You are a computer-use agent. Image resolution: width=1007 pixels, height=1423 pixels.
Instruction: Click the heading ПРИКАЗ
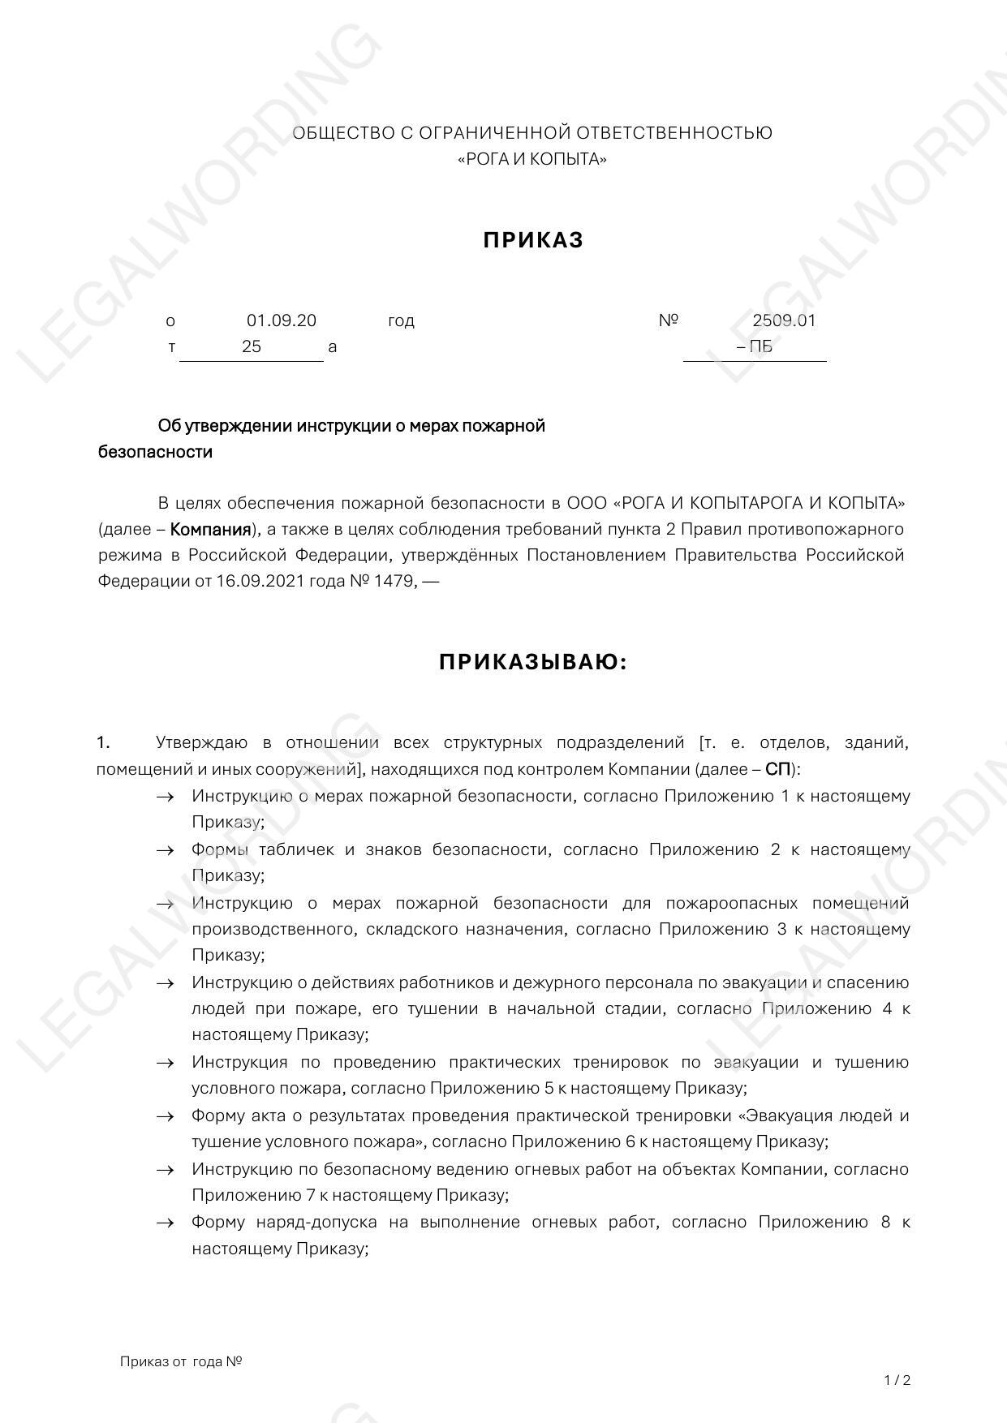(x=533, y=240)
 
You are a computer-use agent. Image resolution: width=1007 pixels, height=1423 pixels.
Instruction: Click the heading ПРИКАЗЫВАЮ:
(x=533, y=663)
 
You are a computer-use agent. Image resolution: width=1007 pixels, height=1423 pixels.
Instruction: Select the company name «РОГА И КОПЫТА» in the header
(x=532, y=159)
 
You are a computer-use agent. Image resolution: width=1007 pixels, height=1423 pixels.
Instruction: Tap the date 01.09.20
(x=282, y=320)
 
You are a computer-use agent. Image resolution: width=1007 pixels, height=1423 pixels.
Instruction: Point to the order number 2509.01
(x=784, y=320)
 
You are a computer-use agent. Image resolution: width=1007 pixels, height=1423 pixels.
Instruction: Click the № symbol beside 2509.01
(x=668, y=320)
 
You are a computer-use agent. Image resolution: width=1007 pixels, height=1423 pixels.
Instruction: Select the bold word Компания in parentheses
(x=210, y=530)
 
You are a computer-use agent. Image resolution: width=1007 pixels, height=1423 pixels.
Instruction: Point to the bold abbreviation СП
(x=777, y=769)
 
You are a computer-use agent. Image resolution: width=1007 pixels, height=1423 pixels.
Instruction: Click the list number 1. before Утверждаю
(x=103, y=742)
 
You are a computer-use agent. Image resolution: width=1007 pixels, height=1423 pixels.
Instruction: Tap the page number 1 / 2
(x=897, y=1380)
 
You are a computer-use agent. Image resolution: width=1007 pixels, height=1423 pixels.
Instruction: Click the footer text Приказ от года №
(x=181, y=1361)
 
